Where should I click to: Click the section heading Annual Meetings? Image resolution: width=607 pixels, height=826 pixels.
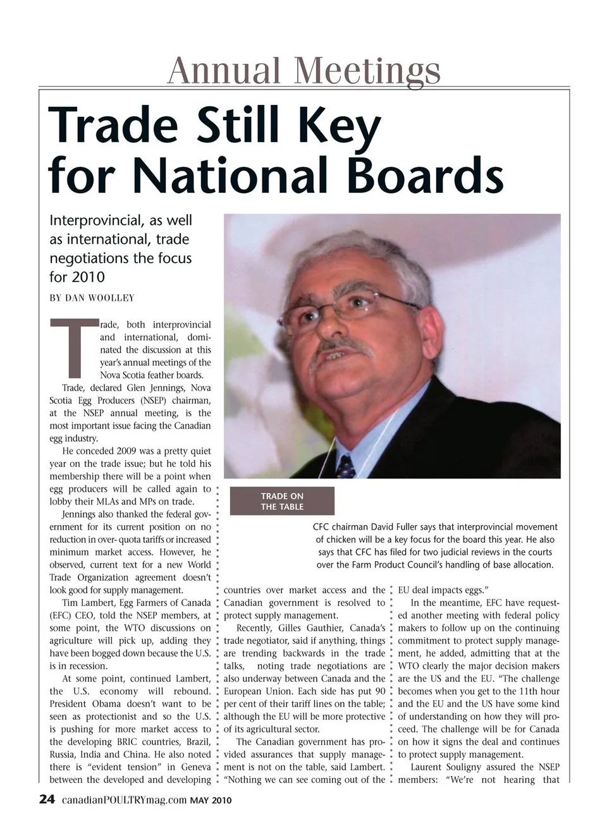point(303,70)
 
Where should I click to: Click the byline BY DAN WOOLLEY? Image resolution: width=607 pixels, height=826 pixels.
point(92,298)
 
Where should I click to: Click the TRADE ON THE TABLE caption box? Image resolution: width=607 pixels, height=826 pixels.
point(282,501)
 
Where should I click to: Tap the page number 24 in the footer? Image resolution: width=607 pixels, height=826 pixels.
point(47,799)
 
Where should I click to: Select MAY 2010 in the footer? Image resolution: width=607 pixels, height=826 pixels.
point(211,801)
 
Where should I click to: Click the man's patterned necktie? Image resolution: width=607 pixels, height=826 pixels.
point(346,466)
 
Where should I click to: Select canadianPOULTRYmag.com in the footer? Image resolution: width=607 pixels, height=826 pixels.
point(124,800)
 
